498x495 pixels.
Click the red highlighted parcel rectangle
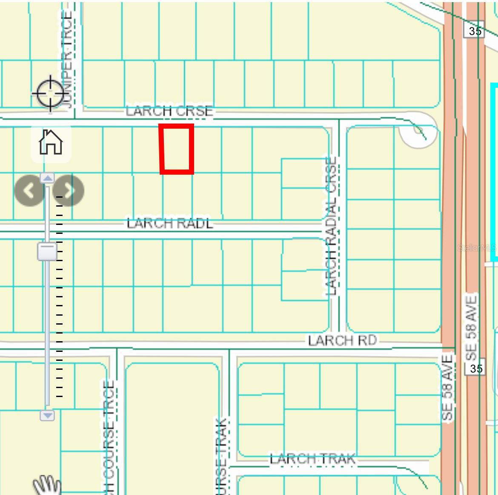(x=177, y=149)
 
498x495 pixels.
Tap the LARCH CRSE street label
(x=169, y=111)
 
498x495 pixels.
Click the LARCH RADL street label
(x=170, y=223)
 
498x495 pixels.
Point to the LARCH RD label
(x=342, y=340)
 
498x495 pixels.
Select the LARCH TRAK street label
(x=312, y=459)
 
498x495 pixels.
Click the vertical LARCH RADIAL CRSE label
(x=331, y=226)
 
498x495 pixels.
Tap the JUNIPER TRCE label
(x=67, y=60)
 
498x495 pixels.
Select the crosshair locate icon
(x=50, y=93)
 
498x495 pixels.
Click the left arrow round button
(x=29, y=190)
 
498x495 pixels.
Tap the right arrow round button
(x=69, y=190)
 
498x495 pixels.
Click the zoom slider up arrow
(x=47, y=178)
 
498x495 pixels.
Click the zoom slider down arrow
(x=47, y=415)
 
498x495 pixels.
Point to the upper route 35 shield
(x=475, y=31)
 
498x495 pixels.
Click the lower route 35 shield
(x=476, y=368)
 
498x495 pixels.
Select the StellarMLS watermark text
(x=477, y=247)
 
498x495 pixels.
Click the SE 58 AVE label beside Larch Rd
(x=447, y=388)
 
